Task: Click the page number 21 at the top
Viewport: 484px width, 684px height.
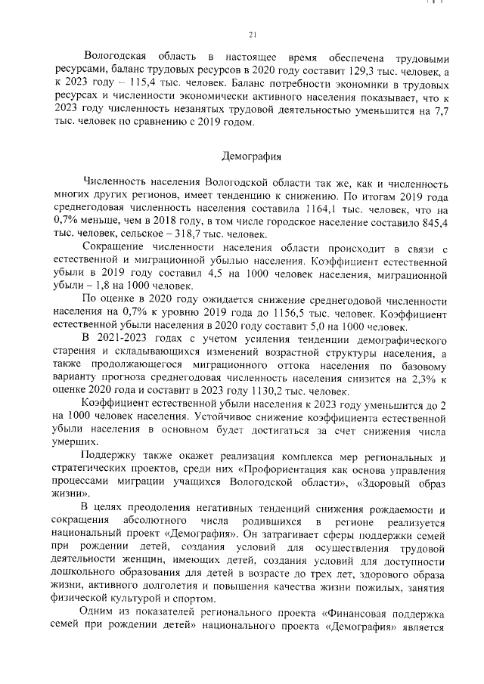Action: coord(253,32)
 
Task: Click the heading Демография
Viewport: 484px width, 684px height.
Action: coord(252,156)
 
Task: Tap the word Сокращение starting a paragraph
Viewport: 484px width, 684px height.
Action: coord(117,249)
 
